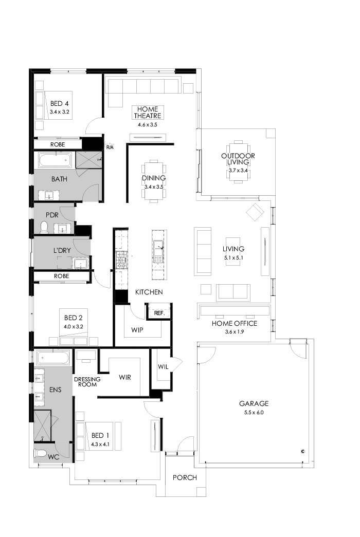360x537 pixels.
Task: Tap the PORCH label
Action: pyautogui.click(x=185, y=477)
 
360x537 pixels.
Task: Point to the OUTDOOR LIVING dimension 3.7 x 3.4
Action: pyautogui.click(x=238, y=171)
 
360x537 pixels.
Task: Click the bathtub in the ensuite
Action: pyautogui.click(x=53, y=357)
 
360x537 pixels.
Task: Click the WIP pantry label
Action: pyautogui.click(x=137, y=329)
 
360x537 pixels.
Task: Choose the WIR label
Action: pyautogui.click(x=125, y=377)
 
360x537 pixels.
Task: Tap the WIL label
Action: pyautogui.click(x=164, y=367)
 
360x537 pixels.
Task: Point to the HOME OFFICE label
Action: pyautogui.click(x=235, y=323)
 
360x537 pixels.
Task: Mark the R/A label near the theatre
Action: pyautogui.click(x=110, y=147)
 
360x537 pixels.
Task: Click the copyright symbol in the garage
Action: pyautogui.click(x=303, y=451)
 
